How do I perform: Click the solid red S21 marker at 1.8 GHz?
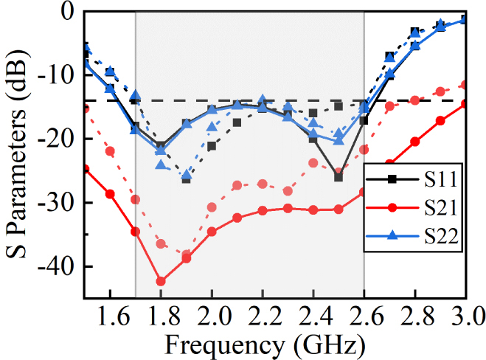161,281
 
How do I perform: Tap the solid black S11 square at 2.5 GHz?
339,177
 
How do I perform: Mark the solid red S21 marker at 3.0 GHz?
465,103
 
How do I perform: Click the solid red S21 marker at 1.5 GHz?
86,169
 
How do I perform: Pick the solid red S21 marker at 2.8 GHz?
414,142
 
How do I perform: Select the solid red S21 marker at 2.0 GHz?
212,232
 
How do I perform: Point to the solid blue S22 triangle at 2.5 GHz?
339,140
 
